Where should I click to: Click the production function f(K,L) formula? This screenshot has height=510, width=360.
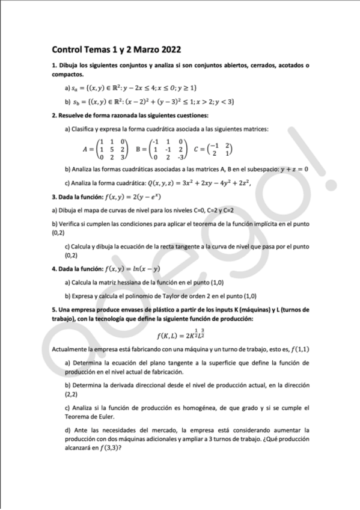(x=180, y=334)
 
